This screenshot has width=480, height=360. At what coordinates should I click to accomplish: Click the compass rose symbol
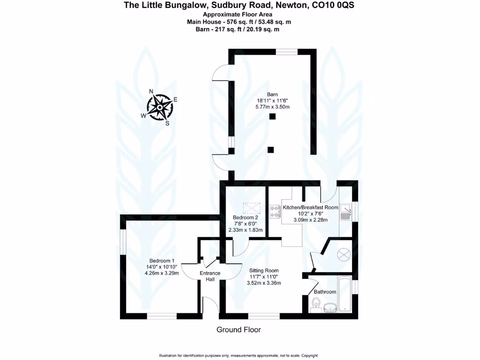coord(160,107)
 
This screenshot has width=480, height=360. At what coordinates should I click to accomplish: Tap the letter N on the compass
coord(151,91)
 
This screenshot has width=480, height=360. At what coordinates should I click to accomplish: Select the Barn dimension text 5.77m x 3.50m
coord(273,107)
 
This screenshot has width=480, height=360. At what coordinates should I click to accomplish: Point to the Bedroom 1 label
coord(162,261)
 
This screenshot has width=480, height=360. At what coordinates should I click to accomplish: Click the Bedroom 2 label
coord(246,217)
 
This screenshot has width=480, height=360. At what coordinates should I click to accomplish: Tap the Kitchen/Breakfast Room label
coord(310,207)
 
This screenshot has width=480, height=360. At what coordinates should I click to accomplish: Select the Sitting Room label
coord(264,270)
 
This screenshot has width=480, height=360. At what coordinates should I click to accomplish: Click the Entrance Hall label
coord(210,276)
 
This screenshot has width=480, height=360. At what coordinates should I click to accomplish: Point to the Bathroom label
coord(325,292)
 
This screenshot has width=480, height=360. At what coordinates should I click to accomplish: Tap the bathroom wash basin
coord(330,307)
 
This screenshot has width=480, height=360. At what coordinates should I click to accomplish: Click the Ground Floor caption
coord(239,330)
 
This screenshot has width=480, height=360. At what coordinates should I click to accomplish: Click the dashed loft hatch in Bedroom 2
coord(251,207)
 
